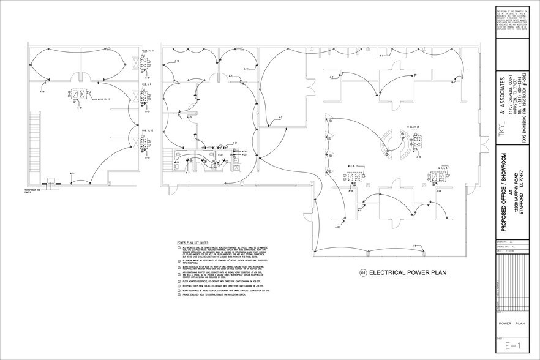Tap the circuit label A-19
click(43, 92)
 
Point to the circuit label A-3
click(280, 117)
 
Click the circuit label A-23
click(338, 227)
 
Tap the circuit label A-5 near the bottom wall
click(414, 246)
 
